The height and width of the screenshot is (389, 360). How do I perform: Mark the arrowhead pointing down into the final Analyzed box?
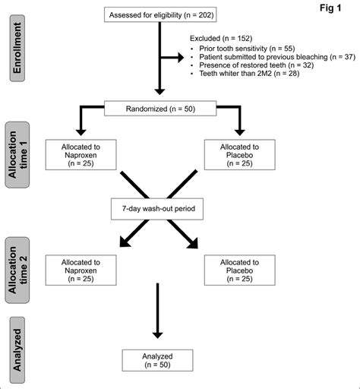click(x=156, y=332)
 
